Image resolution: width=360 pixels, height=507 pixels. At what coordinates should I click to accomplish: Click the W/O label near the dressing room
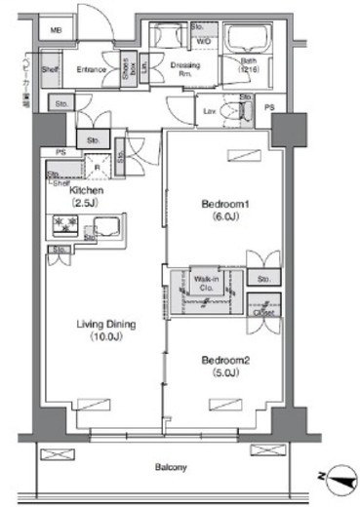207,43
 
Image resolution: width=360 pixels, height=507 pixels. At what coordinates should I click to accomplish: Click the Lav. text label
210,112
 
